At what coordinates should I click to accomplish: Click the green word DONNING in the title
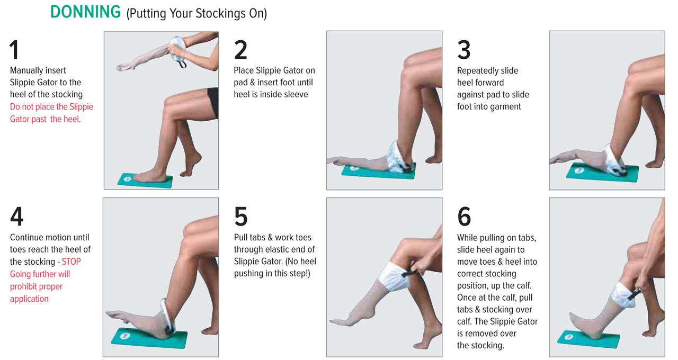(x=85, y=12)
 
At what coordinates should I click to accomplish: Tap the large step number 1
(x=14, y=50)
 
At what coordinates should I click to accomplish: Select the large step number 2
(x=240, y=50)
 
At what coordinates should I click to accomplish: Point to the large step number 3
(x=463, y=50)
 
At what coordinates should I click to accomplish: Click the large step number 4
(x=16, y=217)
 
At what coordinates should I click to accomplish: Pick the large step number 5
(x=241, y=217)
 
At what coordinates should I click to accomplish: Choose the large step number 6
(x=464, y=217)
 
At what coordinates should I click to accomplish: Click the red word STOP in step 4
(x=71, y=262)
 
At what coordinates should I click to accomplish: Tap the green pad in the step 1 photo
(x=145, y=181)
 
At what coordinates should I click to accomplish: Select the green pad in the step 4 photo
(x=149, y=338)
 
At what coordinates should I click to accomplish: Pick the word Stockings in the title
(x=221, y=14)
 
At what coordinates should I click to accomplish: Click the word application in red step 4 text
(x=29, y=299)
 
